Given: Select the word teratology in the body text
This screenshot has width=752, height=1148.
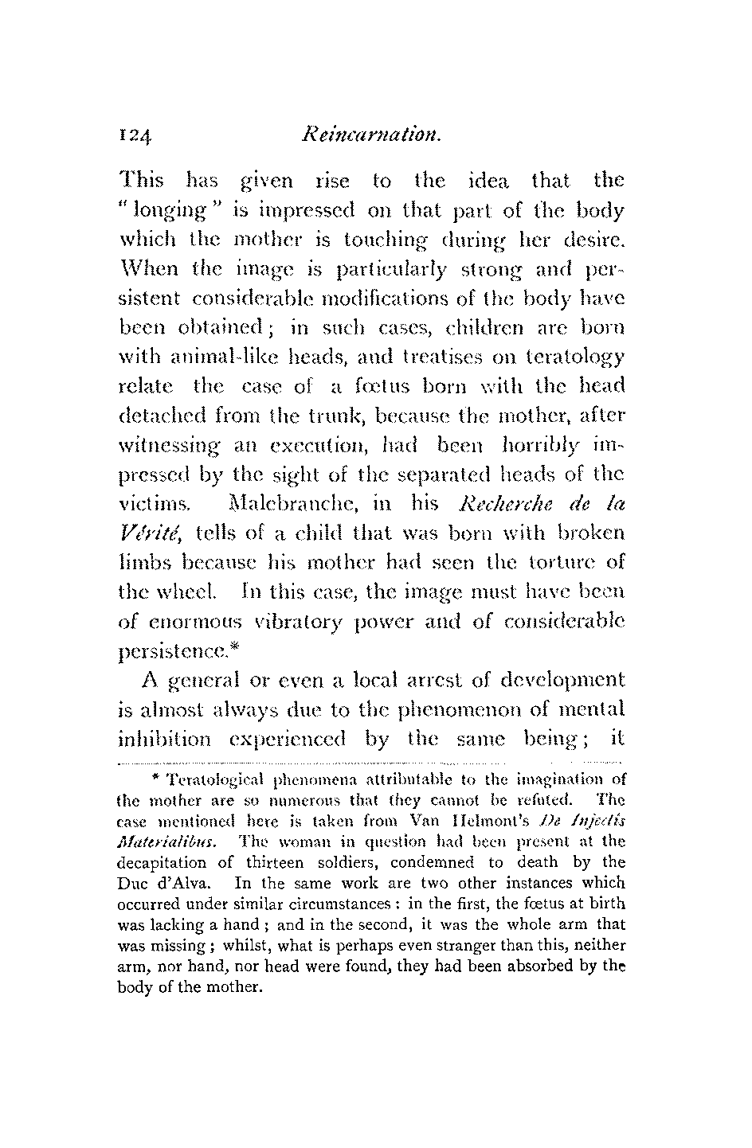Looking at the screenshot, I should (x=573, y=357).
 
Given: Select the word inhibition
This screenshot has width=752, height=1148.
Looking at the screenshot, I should (x=164, y=739).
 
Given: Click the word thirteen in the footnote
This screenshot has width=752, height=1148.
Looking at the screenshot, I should (x=303, y=861).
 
